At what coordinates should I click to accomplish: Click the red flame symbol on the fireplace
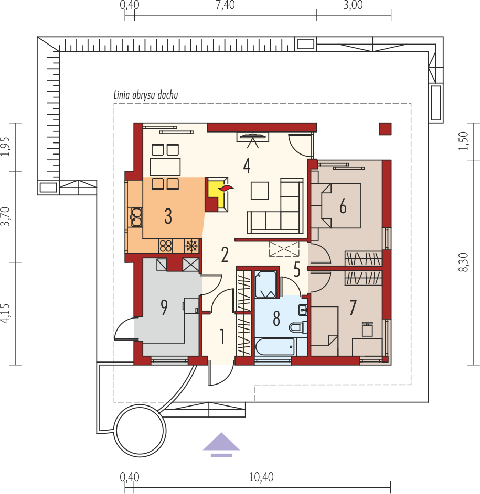point(226,189)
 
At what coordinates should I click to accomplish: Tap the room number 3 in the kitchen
point(168,216)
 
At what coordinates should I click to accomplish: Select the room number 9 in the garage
point(164,308)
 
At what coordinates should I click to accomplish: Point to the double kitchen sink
point(136,217)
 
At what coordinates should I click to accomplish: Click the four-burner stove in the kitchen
point(166,246)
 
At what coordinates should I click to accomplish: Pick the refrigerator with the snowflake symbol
point(191,246)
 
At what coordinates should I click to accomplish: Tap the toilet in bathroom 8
point(298,327)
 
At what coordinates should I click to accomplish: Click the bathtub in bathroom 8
point(274,347)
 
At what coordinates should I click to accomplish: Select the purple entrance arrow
point(221,445)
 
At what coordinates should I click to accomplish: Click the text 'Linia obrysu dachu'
point(146,95)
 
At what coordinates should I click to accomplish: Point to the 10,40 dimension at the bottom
point(261,477)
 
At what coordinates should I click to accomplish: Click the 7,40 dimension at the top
point(226,5)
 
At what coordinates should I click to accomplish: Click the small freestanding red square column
point(385,129)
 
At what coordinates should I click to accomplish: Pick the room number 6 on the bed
point(343,206)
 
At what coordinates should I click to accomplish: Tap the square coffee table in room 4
point(260,191)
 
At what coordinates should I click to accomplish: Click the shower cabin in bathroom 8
point(266,284)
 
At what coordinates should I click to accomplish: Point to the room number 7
point(353,308)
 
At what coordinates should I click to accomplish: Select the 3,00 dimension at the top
point(353,5)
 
